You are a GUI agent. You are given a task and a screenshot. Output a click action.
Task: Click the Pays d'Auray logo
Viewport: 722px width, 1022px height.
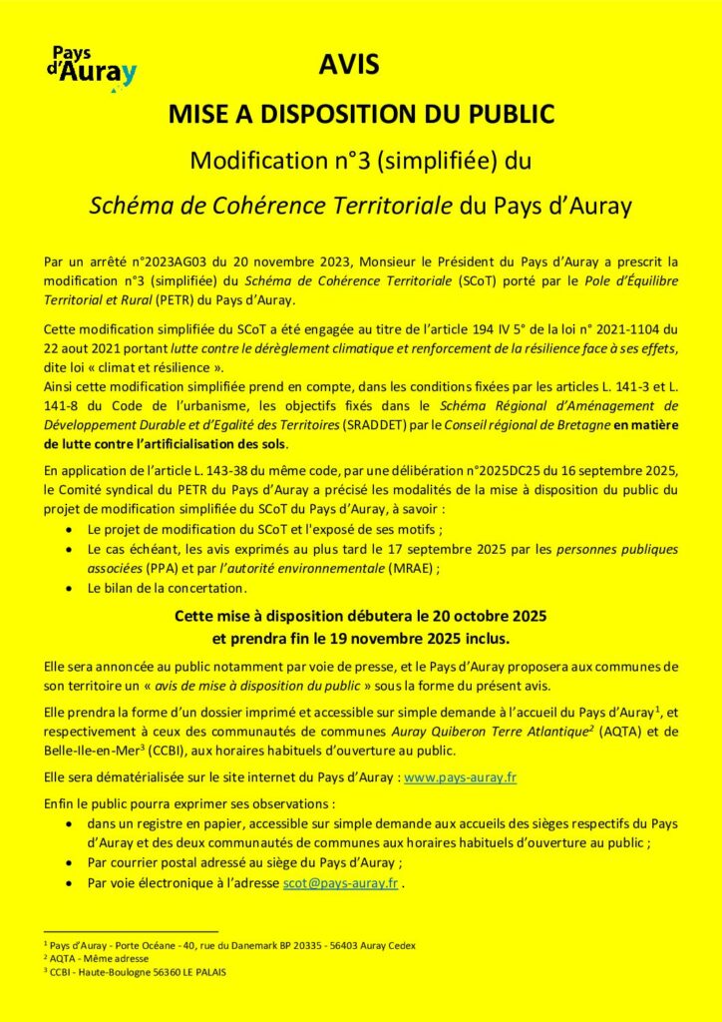click(x=92, y=69)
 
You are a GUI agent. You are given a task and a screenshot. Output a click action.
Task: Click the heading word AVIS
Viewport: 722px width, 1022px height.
click(x=349, y=66)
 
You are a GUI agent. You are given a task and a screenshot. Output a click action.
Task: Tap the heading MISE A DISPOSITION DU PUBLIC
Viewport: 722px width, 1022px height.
click(x=360, y=114)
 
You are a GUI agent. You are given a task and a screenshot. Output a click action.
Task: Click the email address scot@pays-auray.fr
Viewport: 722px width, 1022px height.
click(x=340, y=882)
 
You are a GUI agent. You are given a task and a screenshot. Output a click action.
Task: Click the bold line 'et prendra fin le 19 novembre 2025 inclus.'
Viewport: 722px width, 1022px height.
click(x=360, y=635)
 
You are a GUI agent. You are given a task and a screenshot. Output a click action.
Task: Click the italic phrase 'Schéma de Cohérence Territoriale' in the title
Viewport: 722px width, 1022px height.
click(x=271, y=207)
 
